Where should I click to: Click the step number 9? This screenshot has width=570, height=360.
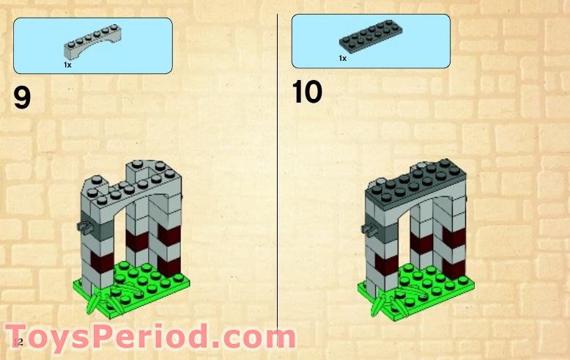point(22,98)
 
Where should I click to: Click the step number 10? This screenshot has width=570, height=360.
point(307,93)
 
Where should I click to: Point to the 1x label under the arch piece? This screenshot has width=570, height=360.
point(67,65)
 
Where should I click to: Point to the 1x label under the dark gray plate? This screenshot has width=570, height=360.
point(342,58)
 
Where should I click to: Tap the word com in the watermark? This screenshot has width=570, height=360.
point(257,338)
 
